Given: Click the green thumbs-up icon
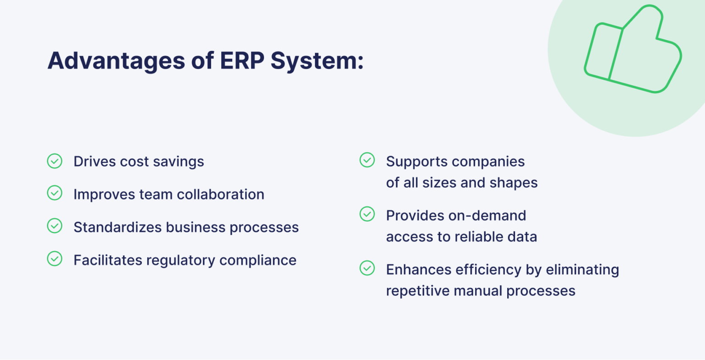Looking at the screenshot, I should coord(632,51).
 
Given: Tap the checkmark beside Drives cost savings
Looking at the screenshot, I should coord(55,161).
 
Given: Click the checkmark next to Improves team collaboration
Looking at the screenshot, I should coord(55,193).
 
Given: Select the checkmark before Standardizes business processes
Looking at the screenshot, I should coord(55,226).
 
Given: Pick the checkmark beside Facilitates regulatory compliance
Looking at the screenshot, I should coord(55,259).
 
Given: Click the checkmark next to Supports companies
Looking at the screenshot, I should coord(367,160).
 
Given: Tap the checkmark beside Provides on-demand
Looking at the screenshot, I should coord(367,214).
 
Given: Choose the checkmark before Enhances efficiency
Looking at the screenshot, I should coord(367,269).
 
